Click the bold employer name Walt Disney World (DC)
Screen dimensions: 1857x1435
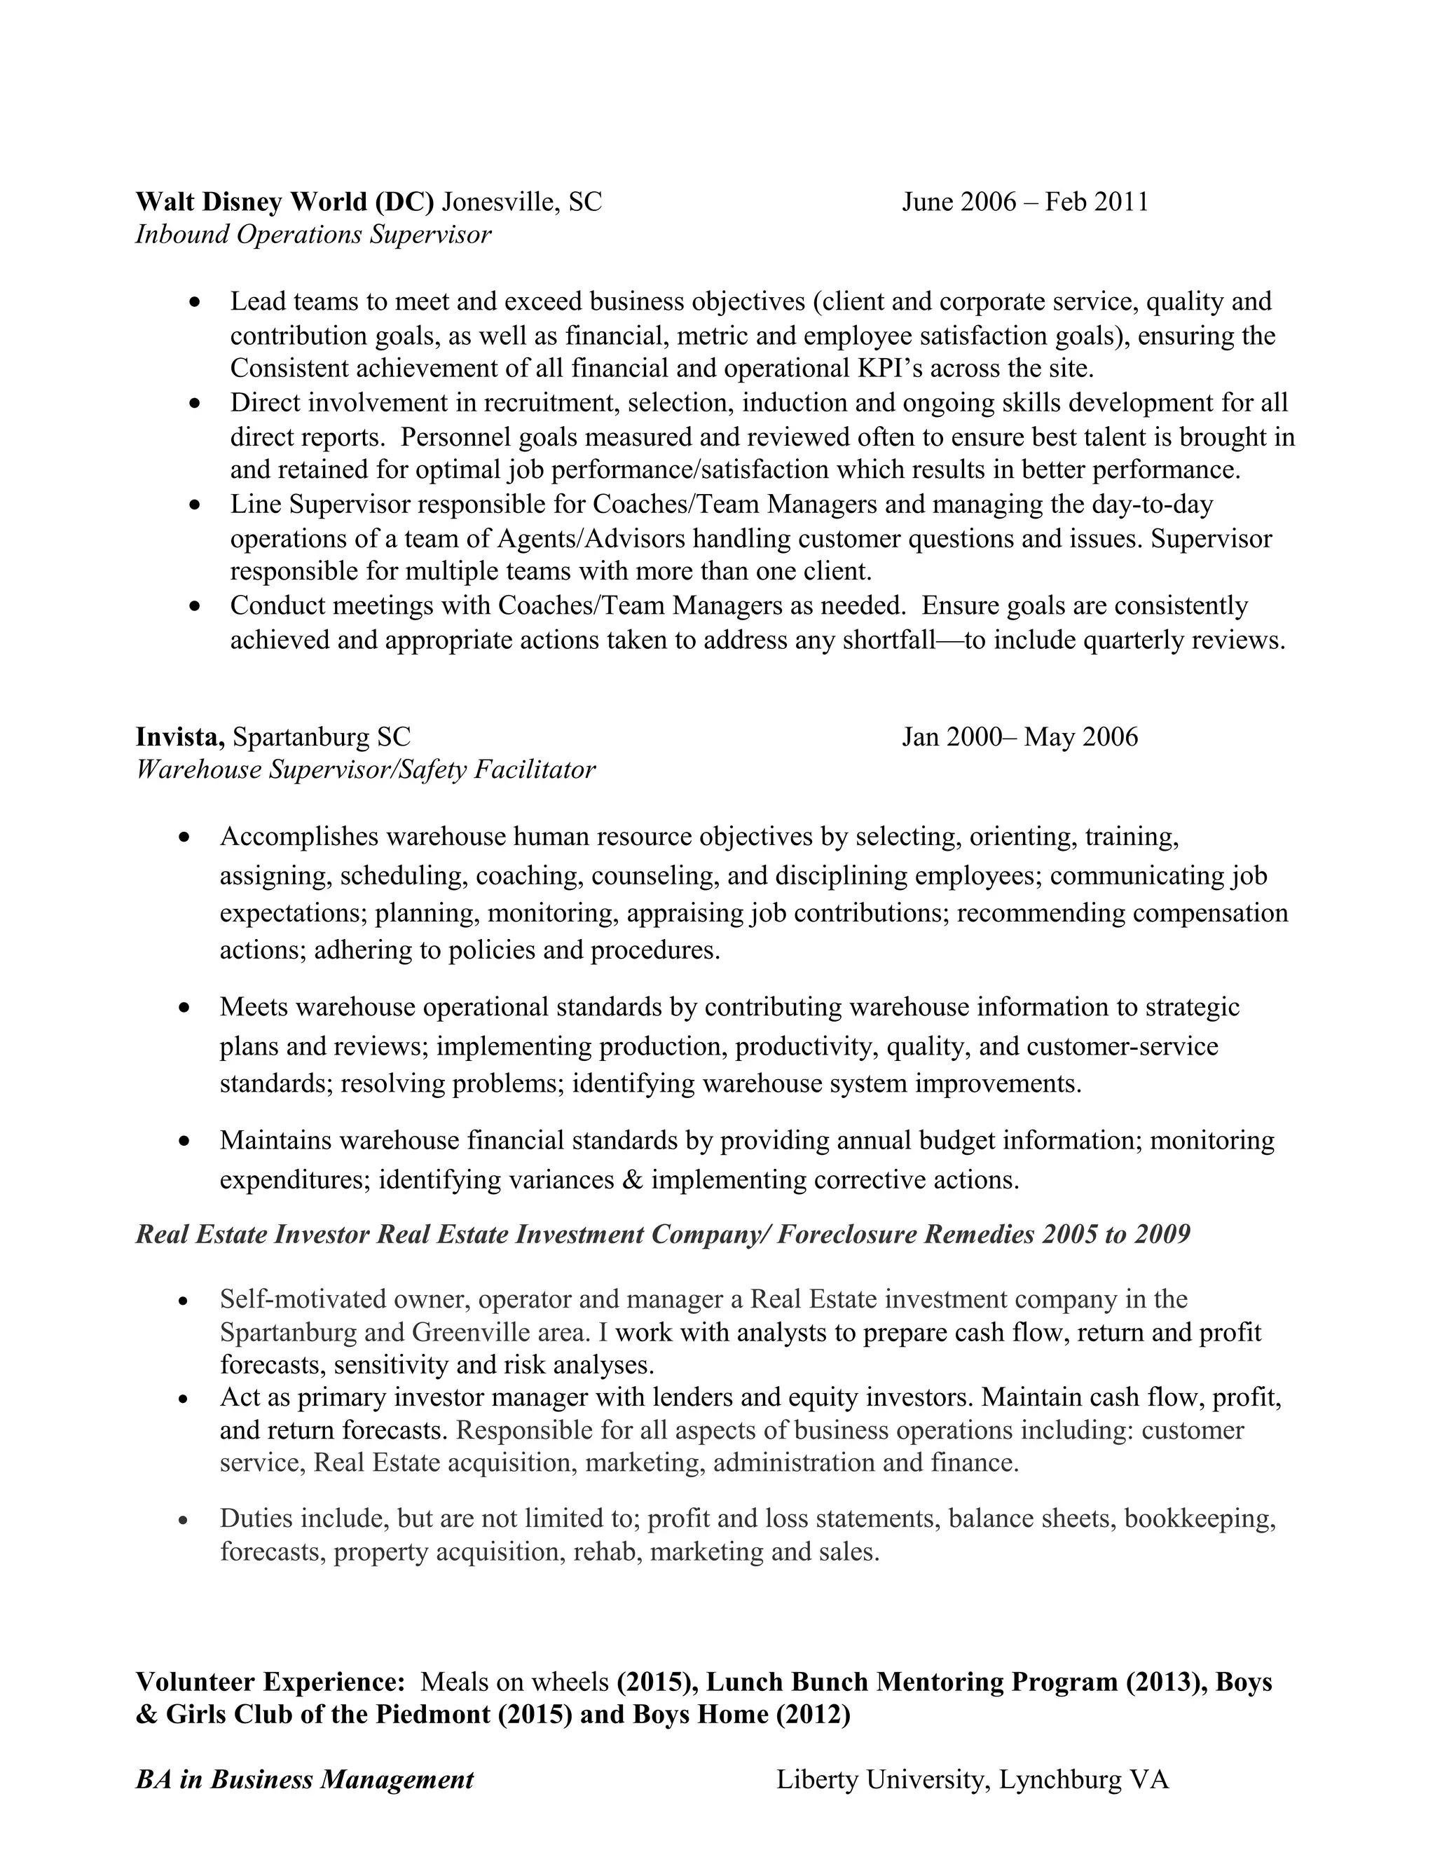click(x=284, y=203)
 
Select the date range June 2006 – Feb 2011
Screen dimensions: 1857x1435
click(x=1024, y=203)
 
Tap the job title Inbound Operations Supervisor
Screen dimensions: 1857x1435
click(x=313, y=235)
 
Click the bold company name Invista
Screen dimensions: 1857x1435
click(x=179, y=736)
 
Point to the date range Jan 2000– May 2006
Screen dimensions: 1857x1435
click(x=1019, y=736)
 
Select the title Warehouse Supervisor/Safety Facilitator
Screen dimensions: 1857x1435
click(x=366, y=769)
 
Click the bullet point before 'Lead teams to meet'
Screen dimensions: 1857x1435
click(x=195, y=303)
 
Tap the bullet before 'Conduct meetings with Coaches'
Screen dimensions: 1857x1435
click(x=195, y=607)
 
